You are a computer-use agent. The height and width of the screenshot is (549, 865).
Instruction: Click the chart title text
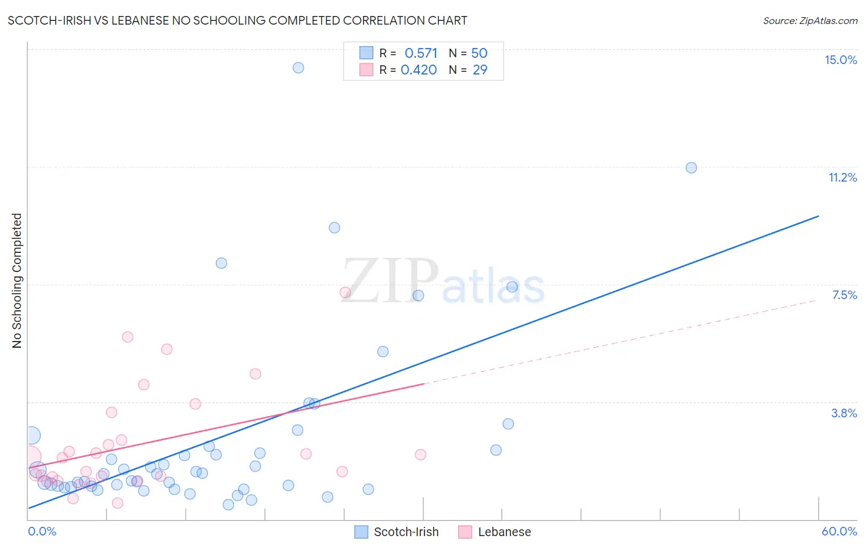pyautogui.click(x=237, y=20)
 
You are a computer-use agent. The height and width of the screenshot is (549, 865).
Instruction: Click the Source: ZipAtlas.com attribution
pyautogui.click(x=810, y=20)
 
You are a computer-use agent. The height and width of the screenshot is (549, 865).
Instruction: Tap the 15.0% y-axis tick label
pyautogui.click(x=840, y=60)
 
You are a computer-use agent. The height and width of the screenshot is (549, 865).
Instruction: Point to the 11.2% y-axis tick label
pyautogui.click(x=842, y=177)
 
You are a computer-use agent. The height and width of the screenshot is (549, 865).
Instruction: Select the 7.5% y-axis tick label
pyautogui.click(x=844, y=295)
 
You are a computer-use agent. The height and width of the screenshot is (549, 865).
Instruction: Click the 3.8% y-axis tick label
pyautogui.click(x=844, y=413)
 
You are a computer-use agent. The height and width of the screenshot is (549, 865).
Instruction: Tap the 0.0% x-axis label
pyautogui.click(x=42, y=531)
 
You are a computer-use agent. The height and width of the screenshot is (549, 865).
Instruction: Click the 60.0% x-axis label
pyautogui.click(x=839, y=531)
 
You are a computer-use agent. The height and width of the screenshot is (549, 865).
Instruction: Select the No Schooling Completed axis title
pyautogui.click(x=17, y=281)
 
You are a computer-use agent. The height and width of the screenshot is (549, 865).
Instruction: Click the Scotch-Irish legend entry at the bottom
pyautogui.click(x=397, y=532)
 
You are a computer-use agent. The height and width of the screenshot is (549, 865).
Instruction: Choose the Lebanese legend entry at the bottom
pyautogui.click(x=495, y=532)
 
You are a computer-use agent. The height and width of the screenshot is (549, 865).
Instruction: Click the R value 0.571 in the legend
pyautogui.click(x=421, y=54)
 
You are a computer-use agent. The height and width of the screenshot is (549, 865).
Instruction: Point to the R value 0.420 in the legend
pyautogui.click(x=418, y=70)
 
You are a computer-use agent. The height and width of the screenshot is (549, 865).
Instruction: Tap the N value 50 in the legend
pyautogui.click(x=479, y=54)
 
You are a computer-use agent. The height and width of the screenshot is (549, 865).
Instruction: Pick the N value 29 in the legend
pyautogui.click(x=480, y=70)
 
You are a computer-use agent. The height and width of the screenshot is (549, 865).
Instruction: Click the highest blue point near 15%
pyautogui.click(x=298, y=68)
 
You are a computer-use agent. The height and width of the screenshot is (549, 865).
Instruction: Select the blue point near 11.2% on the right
pyautogui.click(x=691, y=167)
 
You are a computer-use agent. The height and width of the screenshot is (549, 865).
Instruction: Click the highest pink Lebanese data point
pyautogui.click(x=345, y=292)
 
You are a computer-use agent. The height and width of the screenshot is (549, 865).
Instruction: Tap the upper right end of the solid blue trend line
pyautogui.click(x=818, y=216)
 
